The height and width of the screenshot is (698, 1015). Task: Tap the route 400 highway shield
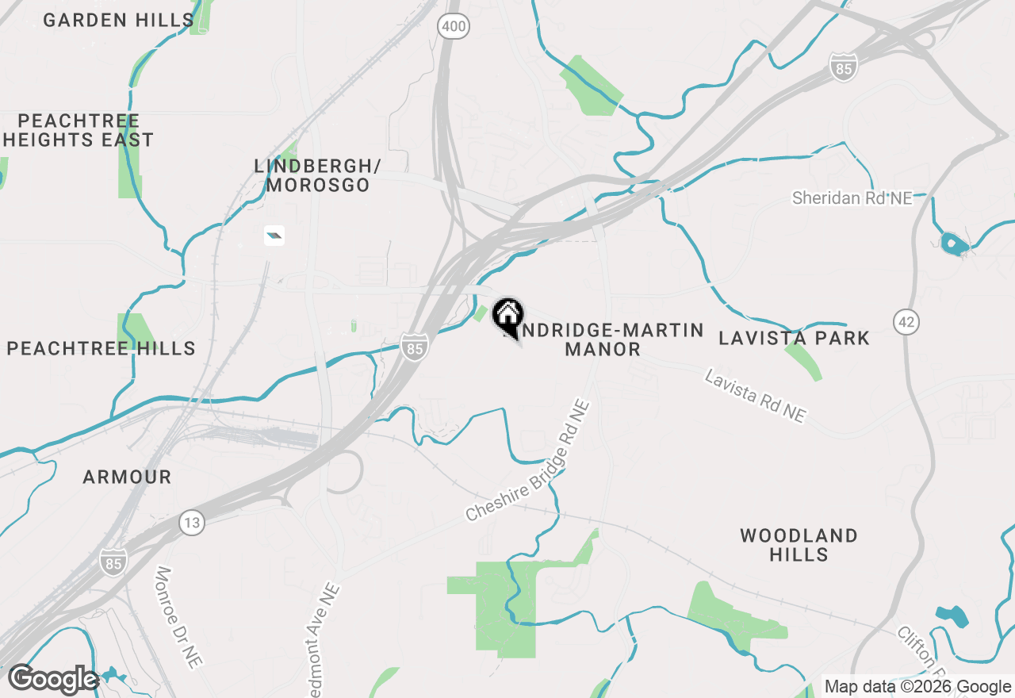click(x=454, y=27)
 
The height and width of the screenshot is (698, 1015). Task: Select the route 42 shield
click(x=906, y=321)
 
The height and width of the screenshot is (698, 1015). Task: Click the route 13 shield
click(x=191, y=523)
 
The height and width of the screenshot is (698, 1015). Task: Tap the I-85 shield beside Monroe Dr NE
click(x=113, y=562)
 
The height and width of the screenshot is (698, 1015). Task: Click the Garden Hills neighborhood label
click(x=118, y=20)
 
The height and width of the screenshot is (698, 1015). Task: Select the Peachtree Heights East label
click(x=78, y=130)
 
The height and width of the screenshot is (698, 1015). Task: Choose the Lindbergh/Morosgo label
click(x=317, y=175)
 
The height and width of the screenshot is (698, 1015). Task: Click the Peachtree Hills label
click(x=101, y=348)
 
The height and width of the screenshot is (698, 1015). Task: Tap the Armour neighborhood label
click(x=127, y=477)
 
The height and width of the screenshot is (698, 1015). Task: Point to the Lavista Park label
click(x=794, y=338)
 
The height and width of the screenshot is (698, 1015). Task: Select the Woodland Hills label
click(x=799, y=545)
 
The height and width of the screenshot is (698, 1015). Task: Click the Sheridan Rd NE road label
click(x=852, y=198)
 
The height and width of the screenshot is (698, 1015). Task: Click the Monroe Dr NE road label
click(x=175, y=618)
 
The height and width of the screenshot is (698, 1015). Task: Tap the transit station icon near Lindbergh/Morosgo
click(x=274, y=235)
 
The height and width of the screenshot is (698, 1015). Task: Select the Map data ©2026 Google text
click(x=917, y=687)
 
